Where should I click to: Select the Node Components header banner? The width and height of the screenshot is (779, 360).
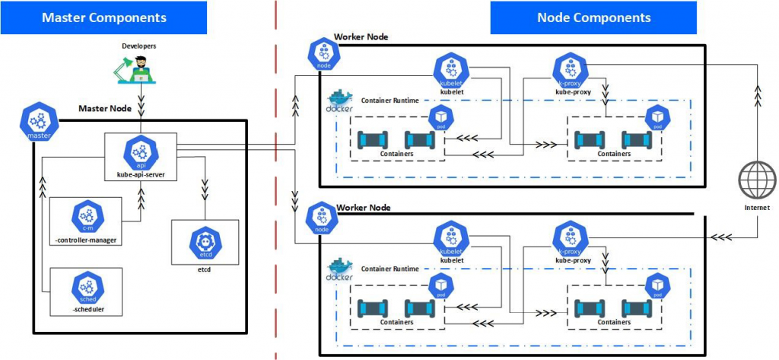tap(593, 18)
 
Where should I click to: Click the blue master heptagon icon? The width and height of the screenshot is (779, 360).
tap(38, 122)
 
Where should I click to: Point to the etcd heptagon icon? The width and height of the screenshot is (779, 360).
tap(205, 242)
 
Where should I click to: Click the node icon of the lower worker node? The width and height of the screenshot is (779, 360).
tap(322, 219)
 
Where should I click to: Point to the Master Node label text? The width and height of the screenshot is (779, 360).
tap(105, 109)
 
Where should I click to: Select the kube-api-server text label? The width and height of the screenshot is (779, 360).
tap(141, 174)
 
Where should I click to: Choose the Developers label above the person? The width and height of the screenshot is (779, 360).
tap(139, 46)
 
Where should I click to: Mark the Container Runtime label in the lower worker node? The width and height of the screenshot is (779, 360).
tap(389, 269)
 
